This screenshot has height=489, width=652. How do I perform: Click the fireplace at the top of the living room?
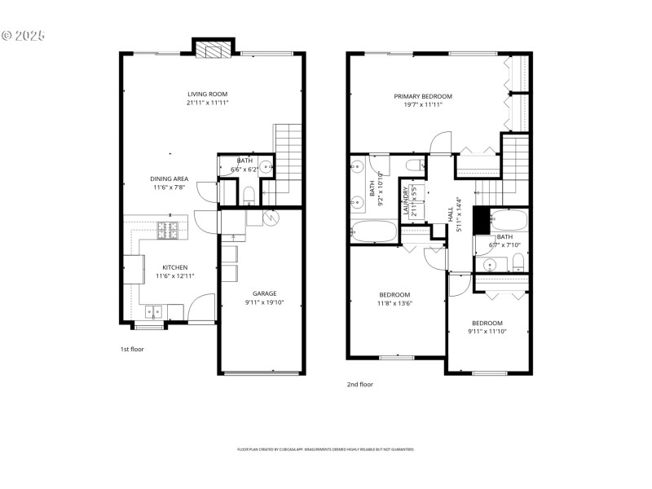(214, 50)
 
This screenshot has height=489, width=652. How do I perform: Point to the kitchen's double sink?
(153, 311)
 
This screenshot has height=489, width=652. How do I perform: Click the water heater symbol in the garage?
(271, 218)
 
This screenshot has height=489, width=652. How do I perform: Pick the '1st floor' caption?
(131, 349)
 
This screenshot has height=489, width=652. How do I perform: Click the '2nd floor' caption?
(359, 384)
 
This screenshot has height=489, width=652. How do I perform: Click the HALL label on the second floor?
(450, 214)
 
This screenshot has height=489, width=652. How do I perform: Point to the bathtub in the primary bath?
(372, 231)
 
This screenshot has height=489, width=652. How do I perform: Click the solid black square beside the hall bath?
(481, 218)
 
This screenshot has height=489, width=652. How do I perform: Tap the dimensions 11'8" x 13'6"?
(394, 303)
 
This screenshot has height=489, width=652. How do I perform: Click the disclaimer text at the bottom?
(325, 449)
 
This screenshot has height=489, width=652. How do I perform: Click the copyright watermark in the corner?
(23, 36)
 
